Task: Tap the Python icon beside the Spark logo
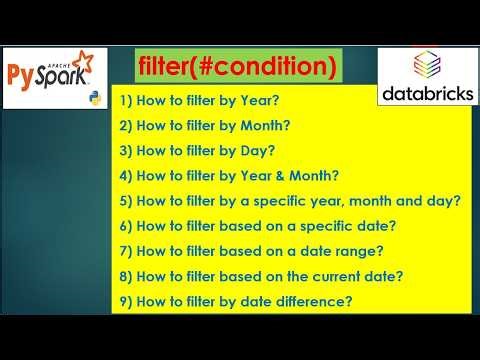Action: coord(96,98)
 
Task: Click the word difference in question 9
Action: coord(321,298)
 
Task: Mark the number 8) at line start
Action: coord(123,274)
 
